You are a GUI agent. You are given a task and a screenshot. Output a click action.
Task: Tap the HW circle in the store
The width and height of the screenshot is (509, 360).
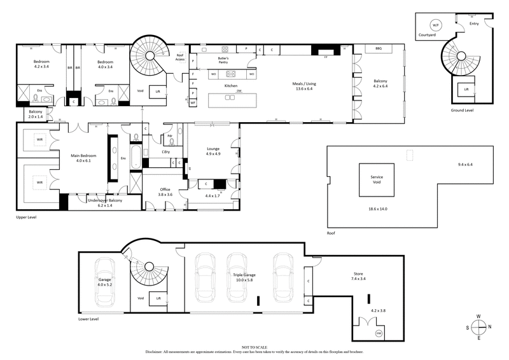(379, 333)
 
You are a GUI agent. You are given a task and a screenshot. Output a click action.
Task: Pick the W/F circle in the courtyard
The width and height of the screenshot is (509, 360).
(435, 25)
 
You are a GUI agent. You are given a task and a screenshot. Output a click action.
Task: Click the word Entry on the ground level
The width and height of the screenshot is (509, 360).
(474, 24)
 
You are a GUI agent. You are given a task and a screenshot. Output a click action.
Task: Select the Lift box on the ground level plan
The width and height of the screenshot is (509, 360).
(466, 90)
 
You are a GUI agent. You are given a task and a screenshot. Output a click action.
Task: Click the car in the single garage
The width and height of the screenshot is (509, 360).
(104, 280)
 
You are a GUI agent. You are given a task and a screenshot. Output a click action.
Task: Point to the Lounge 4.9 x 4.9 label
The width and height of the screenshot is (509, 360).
(213, 151)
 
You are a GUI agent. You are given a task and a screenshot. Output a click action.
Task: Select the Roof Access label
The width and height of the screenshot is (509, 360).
(180, 57)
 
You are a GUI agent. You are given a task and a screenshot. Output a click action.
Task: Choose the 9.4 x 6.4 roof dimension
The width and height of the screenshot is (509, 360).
(465, 165)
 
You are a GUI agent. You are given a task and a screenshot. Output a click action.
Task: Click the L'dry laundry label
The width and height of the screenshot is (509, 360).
(165, 151)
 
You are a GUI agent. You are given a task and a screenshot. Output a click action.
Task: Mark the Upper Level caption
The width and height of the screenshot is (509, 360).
(26, 218)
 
